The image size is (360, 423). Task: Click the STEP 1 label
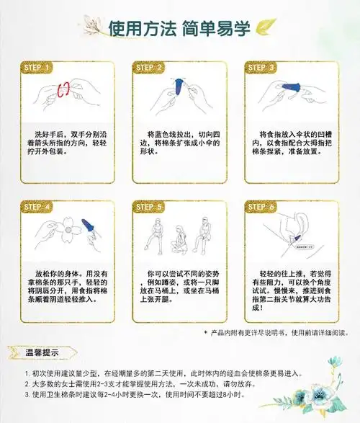tap(37, 68)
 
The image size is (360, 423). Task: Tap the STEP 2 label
tap(149, 68)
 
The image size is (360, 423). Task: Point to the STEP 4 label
tap(37, 207)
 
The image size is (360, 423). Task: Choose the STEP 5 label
tap(149, 207)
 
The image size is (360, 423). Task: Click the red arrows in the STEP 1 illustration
tap(64, 90)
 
